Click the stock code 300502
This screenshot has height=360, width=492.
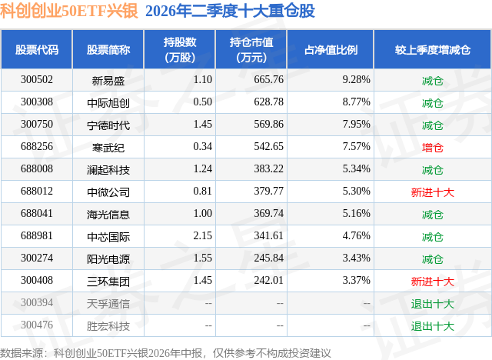[37, 80]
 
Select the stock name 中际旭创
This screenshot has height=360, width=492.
[108, 102]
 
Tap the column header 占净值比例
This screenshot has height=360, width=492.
[331, 49]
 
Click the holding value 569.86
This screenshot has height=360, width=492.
[268, 125]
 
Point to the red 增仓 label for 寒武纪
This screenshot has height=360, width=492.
[432, 147]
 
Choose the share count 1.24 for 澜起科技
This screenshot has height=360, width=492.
[203, 169]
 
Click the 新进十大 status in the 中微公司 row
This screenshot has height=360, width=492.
[432, 192]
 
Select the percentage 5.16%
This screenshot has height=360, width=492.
[356, 213]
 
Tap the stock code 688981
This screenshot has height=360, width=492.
[37, 235]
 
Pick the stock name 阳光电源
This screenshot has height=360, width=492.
[108, 258]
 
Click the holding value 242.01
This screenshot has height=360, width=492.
[268, 280]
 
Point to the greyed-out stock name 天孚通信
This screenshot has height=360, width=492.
[108, 303]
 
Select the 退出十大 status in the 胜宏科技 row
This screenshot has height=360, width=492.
[432, 325]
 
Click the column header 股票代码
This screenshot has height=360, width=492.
[37, 49]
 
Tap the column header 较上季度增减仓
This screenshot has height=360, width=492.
[432, 49]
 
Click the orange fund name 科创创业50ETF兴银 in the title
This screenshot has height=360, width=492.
[68, 11]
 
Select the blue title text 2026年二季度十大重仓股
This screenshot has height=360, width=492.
[230, 11]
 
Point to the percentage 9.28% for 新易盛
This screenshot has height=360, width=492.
[356, 80]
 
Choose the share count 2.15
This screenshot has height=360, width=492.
[203, 235]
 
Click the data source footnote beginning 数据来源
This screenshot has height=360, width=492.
[165, 353]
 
